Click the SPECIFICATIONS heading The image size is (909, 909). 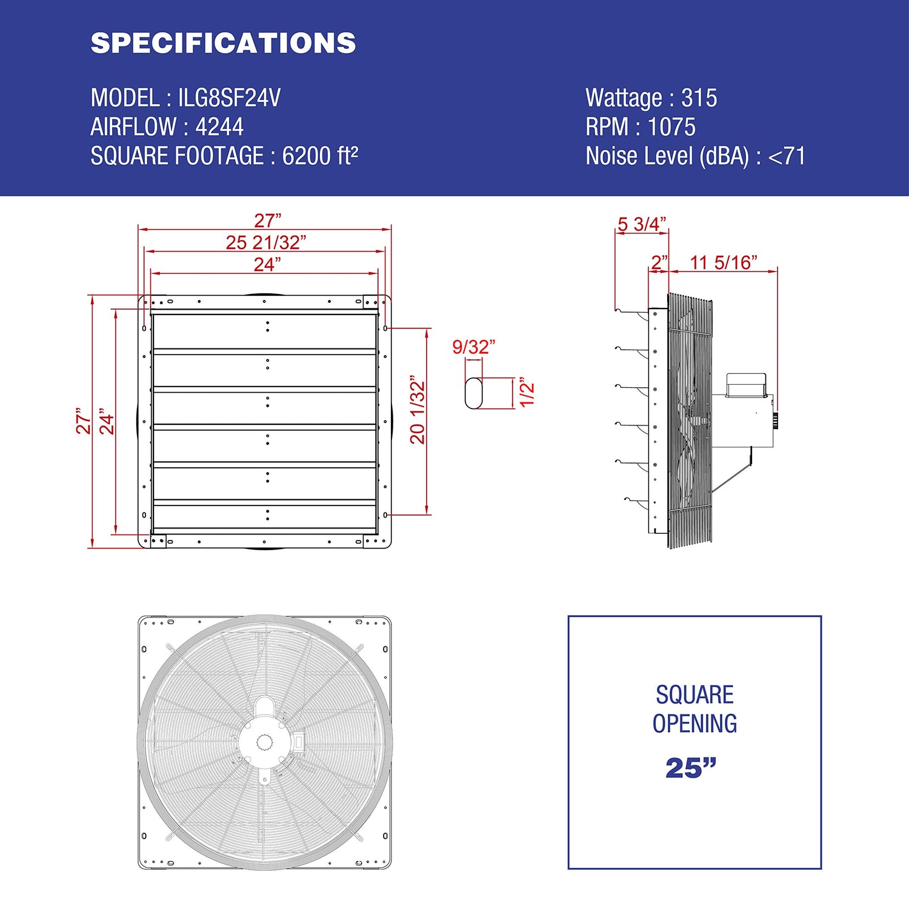click(223, 43)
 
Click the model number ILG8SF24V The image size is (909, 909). click(229, 98)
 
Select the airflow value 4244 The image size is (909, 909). click(219, 127)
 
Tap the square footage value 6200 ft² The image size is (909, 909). click(320, 156)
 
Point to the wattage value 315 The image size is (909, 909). click(699, 98)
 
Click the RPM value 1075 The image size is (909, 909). click(671, 127)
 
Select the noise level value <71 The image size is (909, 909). click(787, 156)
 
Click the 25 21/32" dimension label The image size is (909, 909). click(266, 242)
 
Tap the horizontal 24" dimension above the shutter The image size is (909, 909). click(267, 265)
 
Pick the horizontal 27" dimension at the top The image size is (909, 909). click(267, 221)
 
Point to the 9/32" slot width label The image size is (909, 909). click(473, 347)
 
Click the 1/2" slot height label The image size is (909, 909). click(527, 393)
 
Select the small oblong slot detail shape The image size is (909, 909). click(473, 393)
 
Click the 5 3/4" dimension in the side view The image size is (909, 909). click(642, 224)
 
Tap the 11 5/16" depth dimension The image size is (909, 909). click(724, 262)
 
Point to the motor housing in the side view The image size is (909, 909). click(743, 418)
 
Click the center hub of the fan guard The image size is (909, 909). click(265, 742)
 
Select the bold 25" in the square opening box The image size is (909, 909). click(691, 768)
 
